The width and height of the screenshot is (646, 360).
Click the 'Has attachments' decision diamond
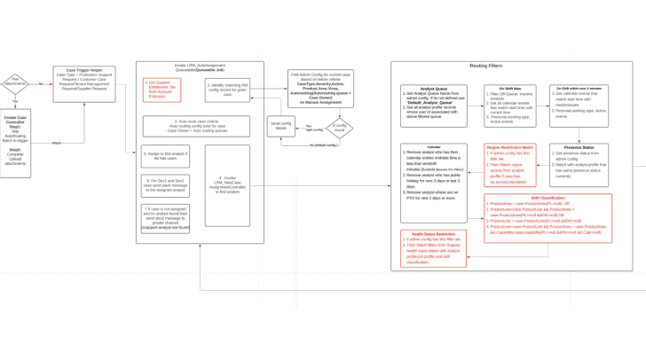point(15,83)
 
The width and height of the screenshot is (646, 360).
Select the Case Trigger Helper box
point(83,83)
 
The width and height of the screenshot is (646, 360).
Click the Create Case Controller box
point(15,143)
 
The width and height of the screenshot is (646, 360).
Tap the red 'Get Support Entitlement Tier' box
point(161,90)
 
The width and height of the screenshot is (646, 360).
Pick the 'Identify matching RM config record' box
point(227,90)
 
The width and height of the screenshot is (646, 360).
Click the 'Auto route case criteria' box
point(196,127)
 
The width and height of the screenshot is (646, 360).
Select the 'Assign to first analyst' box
point(165,157)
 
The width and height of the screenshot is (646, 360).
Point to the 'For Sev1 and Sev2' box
point(165,185)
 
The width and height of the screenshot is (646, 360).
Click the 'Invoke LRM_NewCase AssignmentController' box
point(227,185)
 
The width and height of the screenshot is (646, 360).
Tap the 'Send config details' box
point(280,126)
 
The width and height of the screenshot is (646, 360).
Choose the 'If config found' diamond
point(339,128)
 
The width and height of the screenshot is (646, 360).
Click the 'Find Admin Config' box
point(320,89)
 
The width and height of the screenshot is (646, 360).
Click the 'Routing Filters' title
point(485,66)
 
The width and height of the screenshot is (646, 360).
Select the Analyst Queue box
point(433,106)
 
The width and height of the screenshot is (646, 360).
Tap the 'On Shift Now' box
point(509,106)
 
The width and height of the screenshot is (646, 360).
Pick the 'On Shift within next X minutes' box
point(579,106)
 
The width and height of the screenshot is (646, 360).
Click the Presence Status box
point(579,165)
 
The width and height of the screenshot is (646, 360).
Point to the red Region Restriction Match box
point(509,165)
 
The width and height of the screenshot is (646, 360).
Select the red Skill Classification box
point(548,218)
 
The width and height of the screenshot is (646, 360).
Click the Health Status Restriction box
point(433,248)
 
